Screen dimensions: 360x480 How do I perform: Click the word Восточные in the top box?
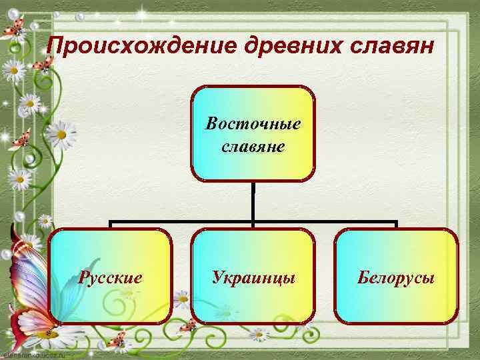[x=253, y=124]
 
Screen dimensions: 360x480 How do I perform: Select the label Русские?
[x=110, y=277]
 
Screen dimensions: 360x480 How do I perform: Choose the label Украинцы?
[x=253, y=277]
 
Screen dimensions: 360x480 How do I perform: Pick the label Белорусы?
[x=396, y=277]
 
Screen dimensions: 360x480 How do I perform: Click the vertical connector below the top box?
[x=253, y=201]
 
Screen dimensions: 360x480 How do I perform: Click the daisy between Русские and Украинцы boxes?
[x=181, y=297]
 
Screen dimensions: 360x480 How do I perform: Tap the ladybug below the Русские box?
[x=119, y=341]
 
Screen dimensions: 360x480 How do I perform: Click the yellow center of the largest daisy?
[x=61, y=134]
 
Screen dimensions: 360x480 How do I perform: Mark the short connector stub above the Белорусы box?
[x=397, y=225]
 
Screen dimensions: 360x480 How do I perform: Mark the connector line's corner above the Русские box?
[x=111, y=221]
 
